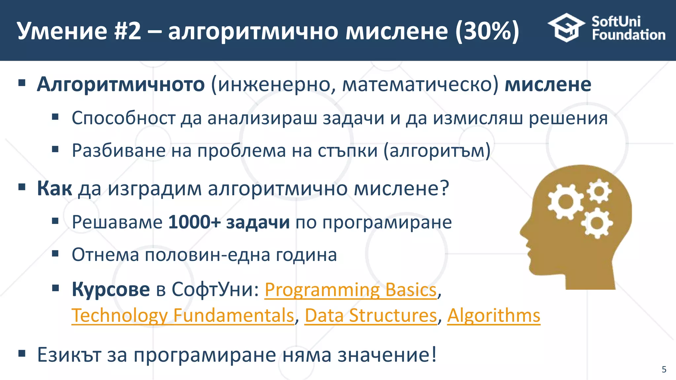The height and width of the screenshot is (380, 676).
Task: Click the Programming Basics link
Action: pos(351,290)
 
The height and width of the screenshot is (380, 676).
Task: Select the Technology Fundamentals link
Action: pos(183,316)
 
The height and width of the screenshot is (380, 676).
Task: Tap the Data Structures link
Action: pos(371,316)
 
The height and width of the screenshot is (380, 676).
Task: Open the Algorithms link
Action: pos(493,316)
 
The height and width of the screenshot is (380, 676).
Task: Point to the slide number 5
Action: pos(664,369)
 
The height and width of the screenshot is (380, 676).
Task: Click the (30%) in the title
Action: pos(487,31)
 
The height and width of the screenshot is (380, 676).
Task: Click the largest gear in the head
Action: pos(565,202)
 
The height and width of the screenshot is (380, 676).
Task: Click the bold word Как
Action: pos(54,189)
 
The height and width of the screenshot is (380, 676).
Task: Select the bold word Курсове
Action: pos(111,290)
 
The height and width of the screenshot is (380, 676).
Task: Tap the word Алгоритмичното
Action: pos(121,84)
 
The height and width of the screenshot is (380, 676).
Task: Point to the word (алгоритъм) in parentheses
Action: pos(437,151)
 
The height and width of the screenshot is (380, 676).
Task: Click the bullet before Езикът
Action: pos(22,354)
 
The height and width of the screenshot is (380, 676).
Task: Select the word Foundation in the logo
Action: pos(628,35)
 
